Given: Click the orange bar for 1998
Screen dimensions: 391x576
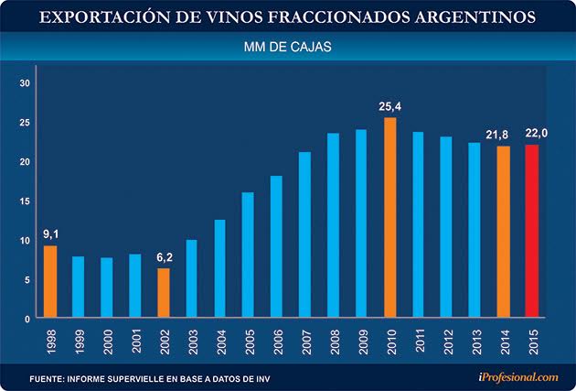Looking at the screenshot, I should (x=50, y=281).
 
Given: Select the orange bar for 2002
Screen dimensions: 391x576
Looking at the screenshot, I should (x=163, y=293).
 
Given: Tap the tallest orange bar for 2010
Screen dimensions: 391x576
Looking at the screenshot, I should (x=389, y=217).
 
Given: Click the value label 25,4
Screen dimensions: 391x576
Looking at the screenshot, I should (x=390, y=107).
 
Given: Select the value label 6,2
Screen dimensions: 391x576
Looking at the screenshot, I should (x=163, y=257).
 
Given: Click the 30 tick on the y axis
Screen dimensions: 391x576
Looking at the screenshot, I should (x=26, y=83).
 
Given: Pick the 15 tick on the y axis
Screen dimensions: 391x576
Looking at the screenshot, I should (x=26, y=201).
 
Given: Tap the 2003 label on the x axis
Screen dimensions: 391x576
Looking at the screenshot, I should (x=192, y=342).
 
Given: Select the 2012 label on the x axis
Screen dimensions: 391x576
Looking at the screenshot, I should (x=446, y=342).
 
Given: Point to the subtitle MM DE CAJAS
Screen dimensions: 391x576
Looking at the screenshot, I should (x=288, y=45).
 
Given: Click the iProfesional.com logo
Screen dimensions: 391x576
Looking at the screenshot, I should (x=517, y=375).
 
